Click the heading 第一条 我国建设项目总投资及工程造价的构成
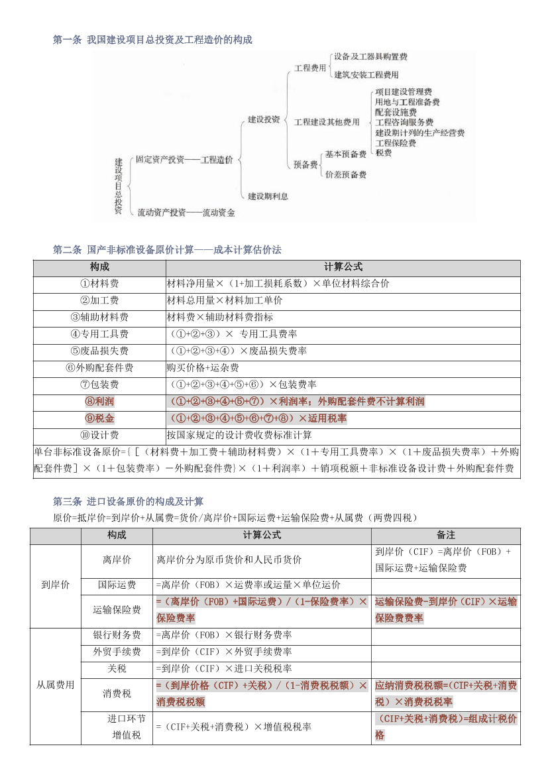coord(152,40)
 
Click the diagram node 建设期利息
coord(268,196)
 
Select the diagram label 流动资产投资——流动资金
coord(186,213)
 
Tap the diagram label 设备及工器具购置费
coord(370,57)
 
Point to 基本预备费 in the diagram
coord(345,154)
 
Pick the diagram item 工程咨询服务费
coord(404,122)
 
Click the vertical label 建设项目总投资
coord(119,186)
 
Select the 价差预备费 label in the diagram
coord(345,174)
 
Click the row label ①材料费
coord(99,283)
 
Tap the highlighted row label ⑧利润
coord(99,401)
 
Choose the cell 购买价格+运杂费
coord(203,367)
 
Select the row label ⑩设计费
coord(99,435)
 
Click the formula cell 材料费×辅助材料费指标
coord(219,317)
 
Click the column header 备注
coord(446,535)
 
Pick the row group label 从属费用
coord(55,685)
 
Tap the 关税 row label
coord(117,668)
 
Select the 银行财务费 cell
coord(117,635)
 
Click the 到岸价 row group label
coord(55,585)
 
